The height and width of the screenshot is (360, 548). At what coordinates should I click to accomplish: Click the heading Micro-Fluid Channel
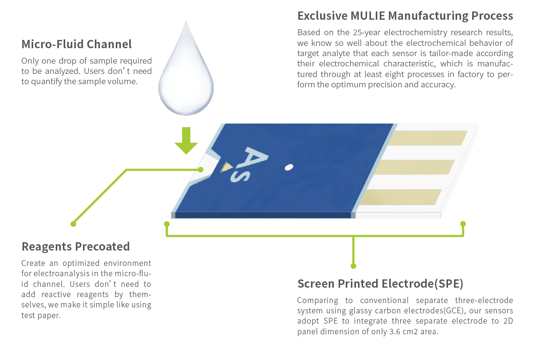[x=77, y=44]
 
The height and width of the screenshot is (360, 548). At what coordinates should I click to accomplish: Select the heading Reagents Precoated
[x=75, y=247]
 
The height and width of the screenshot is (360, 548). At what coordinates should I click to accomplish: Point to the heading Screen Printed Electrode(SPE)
[x=380, y=284]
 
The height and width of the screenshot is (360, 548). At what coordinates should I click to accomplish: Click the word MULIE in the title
[x=367, y=16]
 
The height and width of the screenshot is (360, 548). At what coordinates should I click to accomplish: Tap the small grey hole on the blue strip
[x=289, y=168]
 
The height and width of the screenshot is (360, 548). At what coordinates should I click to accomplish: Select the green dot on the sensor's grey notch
[x=201, y=170]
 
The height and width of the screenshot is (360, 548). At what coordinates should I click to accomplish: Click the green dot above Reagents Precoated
[x=73, y=224]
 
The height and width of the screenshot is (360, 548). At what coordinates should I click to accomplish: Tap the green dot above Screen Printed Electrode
[x=353, y=266]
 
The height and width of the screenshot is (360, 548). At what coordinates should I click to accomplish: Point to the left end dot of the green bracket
[x=167, y=224]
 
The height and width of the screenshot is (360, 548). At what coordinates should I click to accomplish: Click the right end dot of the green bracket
[x=463, y=224]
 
